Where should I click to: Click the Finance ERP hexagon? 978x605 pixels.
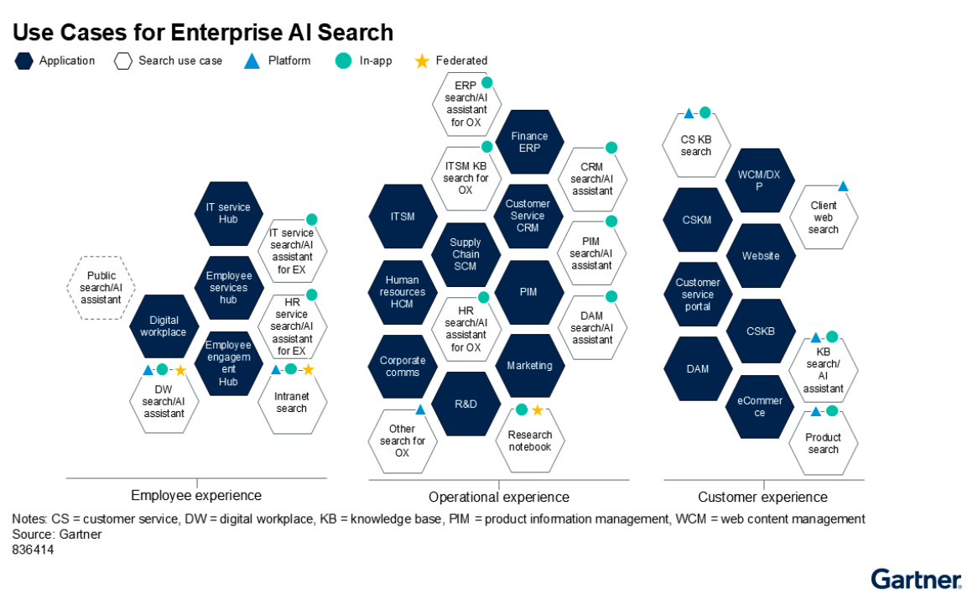click(529, 143)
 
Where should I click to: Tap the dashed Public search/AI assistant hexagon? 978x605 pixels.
click(101, 288)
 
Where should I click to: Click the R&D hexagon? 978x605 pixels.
click(466, 404)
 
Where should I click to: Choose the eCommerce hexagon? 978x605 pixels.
click(760, 407)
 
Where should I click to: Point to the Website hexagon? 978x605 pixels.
click(761, 256)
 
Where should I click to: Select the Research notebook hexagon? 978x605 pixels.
click(530, 441)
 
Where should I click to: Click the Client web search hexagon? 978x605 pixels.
click(824, 218)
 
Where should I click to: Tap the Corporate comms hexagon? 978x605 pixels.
click(403, 366)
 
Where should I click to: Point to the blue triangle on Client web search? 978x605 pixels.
click(843, 186)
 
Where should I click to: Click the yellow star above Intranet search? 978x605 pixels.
click(308, 369)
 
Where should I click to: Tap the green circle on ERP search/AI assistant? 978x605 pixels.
click(486, 82)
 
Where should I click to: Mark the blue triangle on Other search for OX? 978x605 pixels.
click(420, 409)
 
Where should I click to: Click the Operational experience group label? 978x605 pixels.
click(499, 497)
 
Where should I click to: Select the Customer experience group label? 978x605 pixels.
click(762, 497)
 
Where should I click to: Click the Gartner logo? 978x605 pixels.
click(915, 579)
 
